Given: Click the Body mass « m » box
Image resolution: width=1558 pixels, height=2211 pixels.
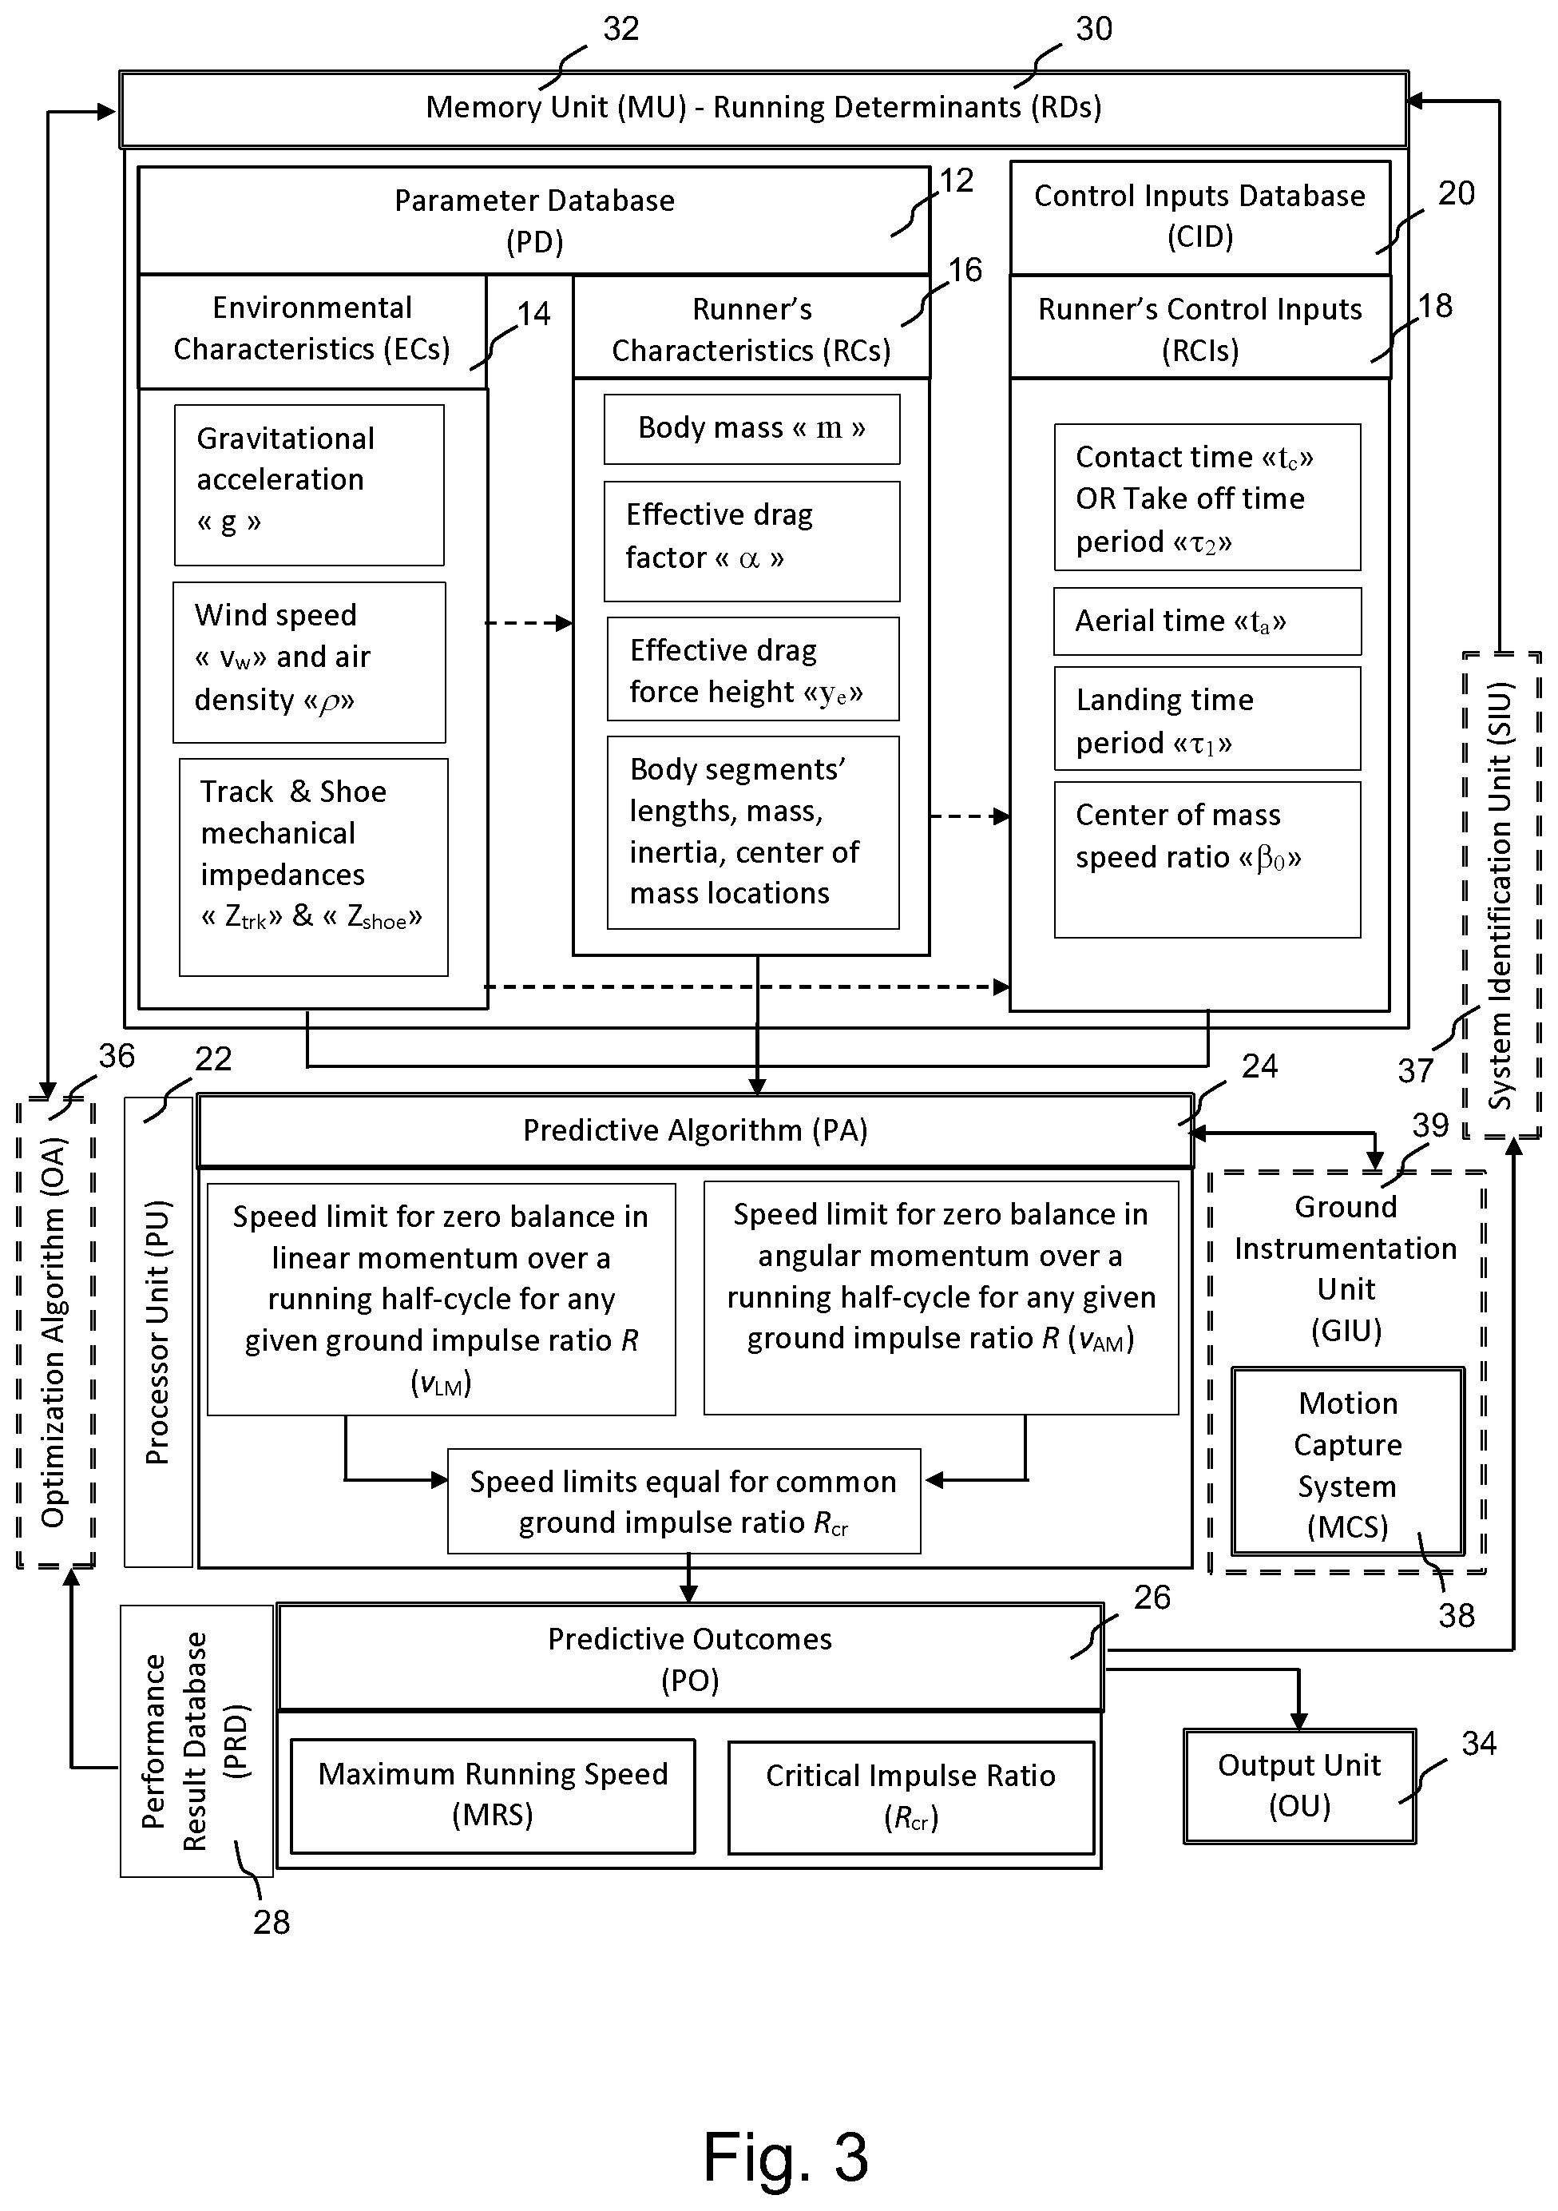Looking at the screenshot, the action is click(x=752, y=428).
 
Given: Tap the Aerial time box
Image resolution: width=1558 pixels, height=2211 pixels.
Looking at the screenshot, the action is click(x=1207, y=621).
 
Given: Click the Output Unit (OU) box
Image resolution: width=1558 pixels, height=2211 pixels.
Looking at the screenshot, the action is click(x=1300, y=1786).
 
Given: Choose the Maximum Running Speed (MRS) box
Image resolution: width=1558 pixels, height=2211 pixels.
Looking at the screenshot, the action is click(x=493, y=1795).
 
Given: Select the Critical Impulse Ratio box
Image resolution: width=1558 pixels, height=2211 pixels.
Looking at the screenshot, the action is click(x=911, y=1797).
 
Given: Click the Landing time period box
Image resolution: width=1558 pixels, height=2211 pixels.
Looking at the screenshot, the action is click(x=1207, y=718).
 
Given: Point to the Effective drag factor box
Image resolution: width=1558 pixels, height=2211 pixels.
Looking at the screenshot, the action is click(x=752, y=542).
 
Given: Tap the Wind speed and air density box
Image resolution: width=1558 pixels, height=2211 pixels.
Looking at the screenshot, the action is click(x=309, y=662).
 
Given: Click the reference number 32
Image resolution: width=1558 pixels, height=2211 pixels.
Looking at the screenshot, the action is click(x=621, y=29).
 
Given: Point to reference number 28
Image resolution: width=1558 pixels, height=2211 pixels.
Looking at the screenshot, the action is click(x=272, y=1922).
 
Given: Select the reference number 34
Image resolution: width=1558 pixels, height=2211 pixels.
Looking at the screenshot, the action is click(x=1479, y=1743).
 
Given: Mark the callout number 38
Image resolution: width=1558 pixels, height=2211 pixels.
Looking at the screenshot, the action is click(x=1457, y=1615).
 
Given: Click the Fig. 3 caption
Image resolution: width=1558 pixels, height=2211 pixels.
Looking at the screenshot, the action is click(x=786, y=2156).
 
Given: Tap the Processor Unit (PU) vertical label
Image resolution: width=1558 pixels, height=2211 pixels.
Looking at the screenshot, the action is click(x=157, y=1333).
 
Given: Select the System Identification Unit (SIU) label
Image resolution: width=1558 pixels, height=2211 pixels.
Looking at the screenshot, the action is click(x=1501, y=895).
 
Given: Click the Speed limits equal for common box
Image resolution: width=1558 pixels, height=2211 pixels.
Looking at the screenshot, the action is click(x=684, y=1501).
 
